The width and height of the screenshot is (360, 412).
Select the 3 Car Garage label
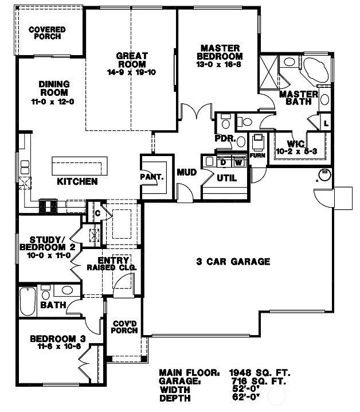(233, 262)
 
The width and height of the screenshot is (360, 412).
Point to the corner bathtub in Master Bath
(315, 71)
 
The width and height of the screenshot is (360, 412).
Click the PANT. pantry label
(152, 177)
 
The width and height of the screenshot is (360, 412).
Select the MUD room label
(186, 172)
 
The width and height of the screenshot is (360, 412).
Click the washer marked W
(237, 163)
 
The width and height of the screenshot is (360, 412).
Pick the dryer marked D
(223, 163)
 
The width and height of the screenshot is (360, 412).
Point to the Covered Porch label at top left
(46, 33)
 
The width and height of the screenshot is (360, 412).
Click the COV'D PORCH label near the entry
(124, 326)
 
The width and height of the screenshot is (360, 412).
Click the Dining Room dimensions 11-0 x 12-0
(54, 101)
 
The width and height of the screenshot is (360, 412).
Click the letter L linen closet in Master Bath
(325, 123)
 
